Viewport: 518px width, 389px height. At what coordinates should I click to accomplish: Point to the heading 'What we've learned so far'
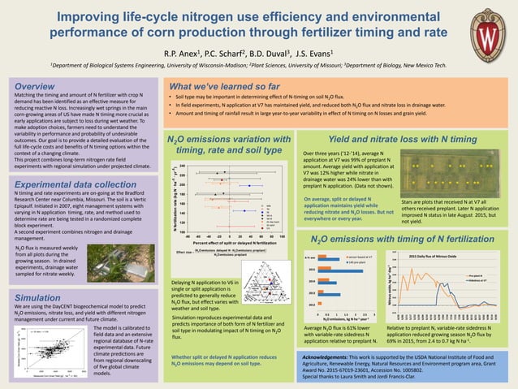221,84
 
